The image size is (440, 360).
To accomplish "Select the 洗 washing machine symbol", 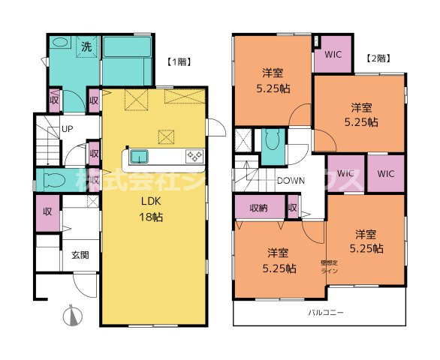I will (x=88, y=46).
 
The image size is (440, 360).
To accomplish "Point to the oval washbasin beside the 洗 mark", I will (x=62, y=43).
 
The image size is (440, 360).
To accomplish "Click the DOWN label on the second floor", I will (x=290, y=181).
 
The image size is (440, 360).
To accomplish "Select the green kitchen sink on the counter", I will (x=140, y=156).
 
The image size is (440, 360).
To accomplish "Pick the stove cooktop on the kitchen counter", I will (x=194, y=156).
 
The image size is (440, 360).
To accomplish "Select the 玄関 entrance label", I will (x=80, y=255).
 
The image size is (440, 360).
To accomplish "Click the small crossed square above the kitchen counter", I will (x=164, y=136).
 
